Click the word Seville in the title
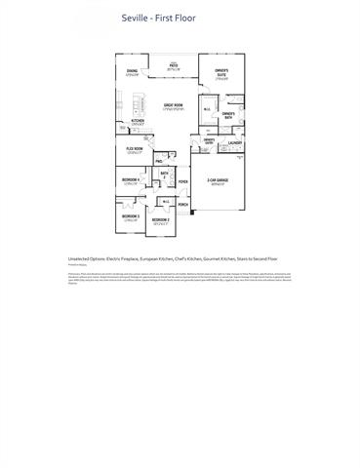[x=134, y=18]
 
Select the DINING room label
[x=133, y=71]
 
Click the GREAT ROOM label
[x=175, y=104]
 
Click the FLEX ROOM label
[x=136, y=149]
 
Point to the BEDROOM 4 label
[x=131, y=180]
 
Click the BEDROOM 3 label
[x=131, y=215]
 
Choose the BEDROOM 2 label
[x=161, y=220]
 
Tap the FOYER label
[x=182, y=181]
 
